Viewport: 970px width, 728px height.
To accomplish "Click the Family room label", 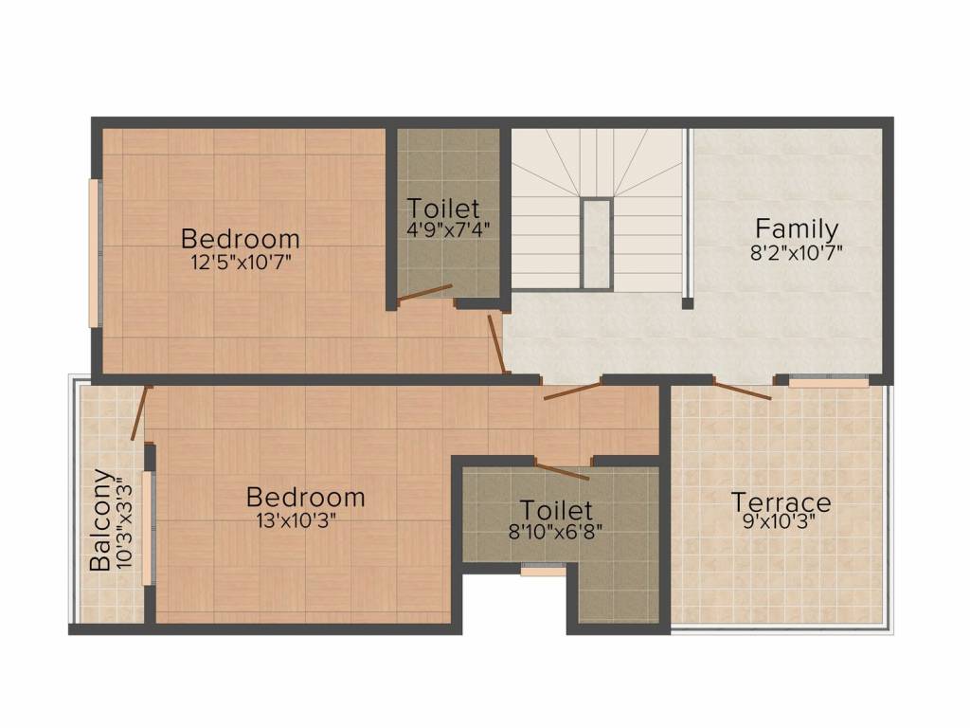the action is pos(797,229).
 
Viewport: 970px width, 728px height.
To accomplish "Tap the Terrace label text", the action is pos(781,502).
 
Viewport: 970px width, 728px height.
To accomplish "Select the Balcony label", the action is pos(100,520).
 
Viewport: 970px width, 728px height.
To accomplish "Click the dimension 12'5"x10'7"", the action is pos(241,262).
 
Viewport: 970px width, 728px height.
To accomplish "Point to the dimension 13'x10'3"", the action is pos(296,520).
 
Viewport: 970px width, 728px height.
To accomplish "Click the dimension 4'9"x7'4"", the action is pos(448,229).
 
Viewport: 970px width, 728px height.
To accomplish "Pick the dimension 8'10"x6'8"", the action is pos(555,532).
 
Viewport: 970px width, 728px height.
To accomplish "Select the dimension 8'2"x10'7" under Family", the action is pos(796,252).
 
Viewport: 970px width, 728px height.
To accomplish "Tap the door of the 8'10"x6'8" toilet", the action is pos(562,470).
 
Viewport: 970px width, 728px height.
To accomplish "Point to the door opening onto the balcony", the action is pos(141,413).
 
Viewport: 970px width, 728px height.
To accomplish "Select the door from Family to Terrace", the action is pos(742,390).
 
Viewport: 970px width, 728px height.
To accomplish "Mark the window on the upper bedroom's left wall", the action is pos(95,253).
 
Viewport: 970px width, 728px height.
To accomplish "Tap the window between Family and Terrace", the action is pos(828,382).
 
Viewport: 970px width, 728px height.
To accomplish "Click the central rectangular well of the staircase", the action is pos(597,244).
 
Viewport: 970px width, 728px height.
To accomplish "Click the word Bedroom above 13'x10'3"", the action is pos(306,497).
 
